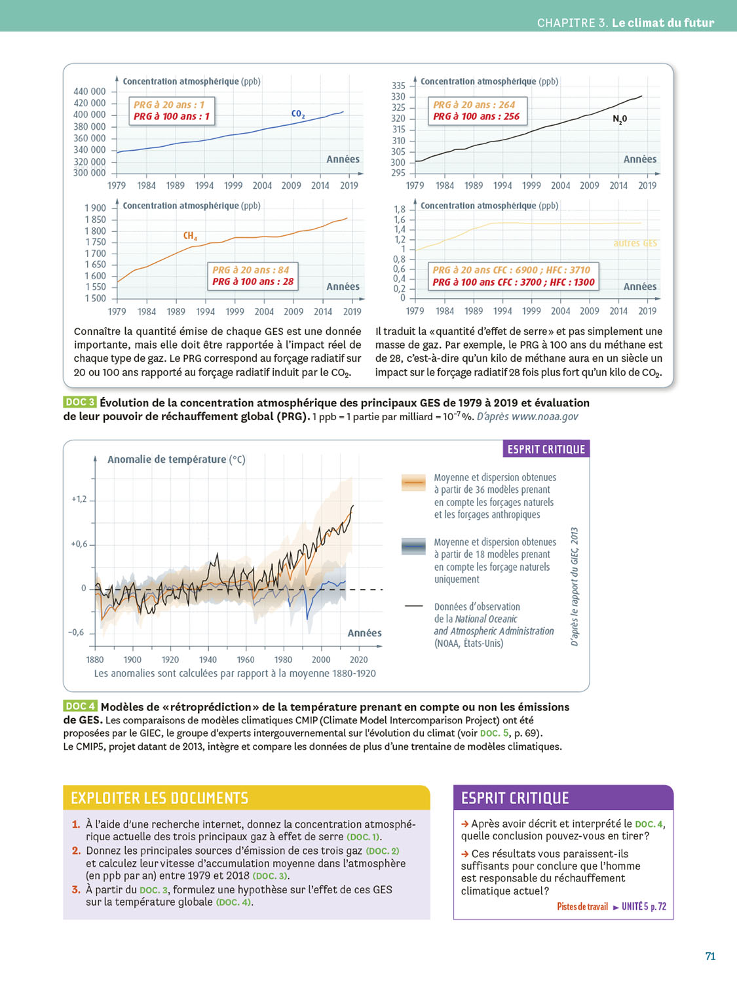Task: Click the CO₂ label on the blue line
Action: pyautogui.click(x=298, y=114)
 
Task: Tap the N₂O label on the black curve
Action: pyautogui.click(x=620, y=119)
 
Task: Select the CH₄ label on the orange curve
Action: pyautogui.click(x=190, y=236)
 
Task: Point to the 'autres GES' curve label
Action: pyautogui.click(x=635, y=243)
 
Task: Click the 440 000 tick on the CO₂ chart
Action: pyautogui.click(x=89, y=92)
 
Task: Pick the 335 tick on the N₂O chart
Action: pyautogui.click(x=398, y=86)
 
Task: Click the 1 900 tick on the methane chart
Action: pyautogui.click(x=95, y=208)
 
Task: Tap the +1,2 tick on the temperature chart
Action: pyautogui.click(x=79, y=499)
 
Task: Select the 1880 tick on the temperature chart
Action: pyautogui.click(x=95, y=660)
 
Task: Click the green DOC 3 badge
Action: pyautogui.click(x=80, y=402)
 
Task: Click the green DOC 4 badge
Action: pyautogui.click(x=81, y=706)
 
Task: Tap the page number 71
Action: pyautogui.click(x=710, y=957)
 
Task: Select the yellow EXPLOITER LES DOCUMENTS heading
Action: pyautogui.click(x=160, y=798)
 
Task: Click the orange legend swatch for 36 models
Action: pyautogui.click(x=413, y=483)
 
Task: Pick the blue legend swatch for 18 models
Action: pyautogui.click(x=413, y=547)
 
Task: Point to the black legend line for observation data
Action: pyautogui.click(x=413, y=606)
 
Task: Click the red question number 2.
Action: pyautogui.click(x=76, y=851)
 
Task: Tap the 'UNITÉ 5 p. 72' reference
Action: pyautogui.click(x=643, y=907)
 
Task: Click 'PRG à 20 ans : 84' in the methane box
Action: pyautogui.click(x=251, y=270)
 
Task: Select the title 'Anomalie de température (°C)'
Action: pyautogui.click(x=176, y=459)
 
